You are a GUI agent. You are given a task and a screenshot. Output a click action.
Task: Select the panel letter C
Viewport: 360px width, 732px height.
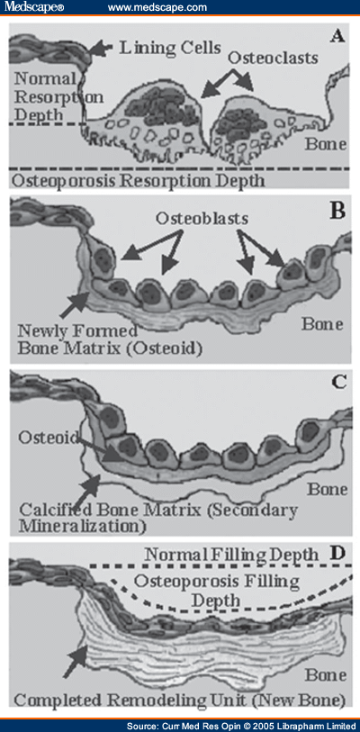337,382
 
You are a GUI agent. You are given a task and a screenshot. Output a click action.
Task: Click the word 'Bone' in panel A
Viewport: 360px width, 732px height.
326,144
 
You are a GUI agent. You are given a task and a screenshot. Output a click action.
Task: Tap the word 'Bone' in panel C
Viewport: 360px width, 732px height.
327,490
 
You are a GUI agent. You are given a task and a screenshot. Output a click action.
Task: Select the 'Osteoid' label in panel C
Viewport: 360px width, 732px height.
48,438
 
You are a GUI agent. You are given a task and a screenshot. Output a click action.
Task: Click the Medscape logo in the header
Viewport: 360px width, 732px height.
33,8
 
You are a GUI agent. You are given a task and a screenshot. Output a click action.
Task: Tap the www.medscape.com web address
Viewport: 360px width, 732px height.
157,8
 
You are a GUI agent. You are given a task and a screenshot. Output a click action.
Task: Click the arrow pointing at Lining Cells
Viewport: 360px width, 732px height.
101,48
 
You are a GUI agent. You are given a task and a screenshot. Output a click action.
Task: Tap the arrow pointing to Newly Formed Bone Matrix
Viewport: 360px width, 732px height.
74,302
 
